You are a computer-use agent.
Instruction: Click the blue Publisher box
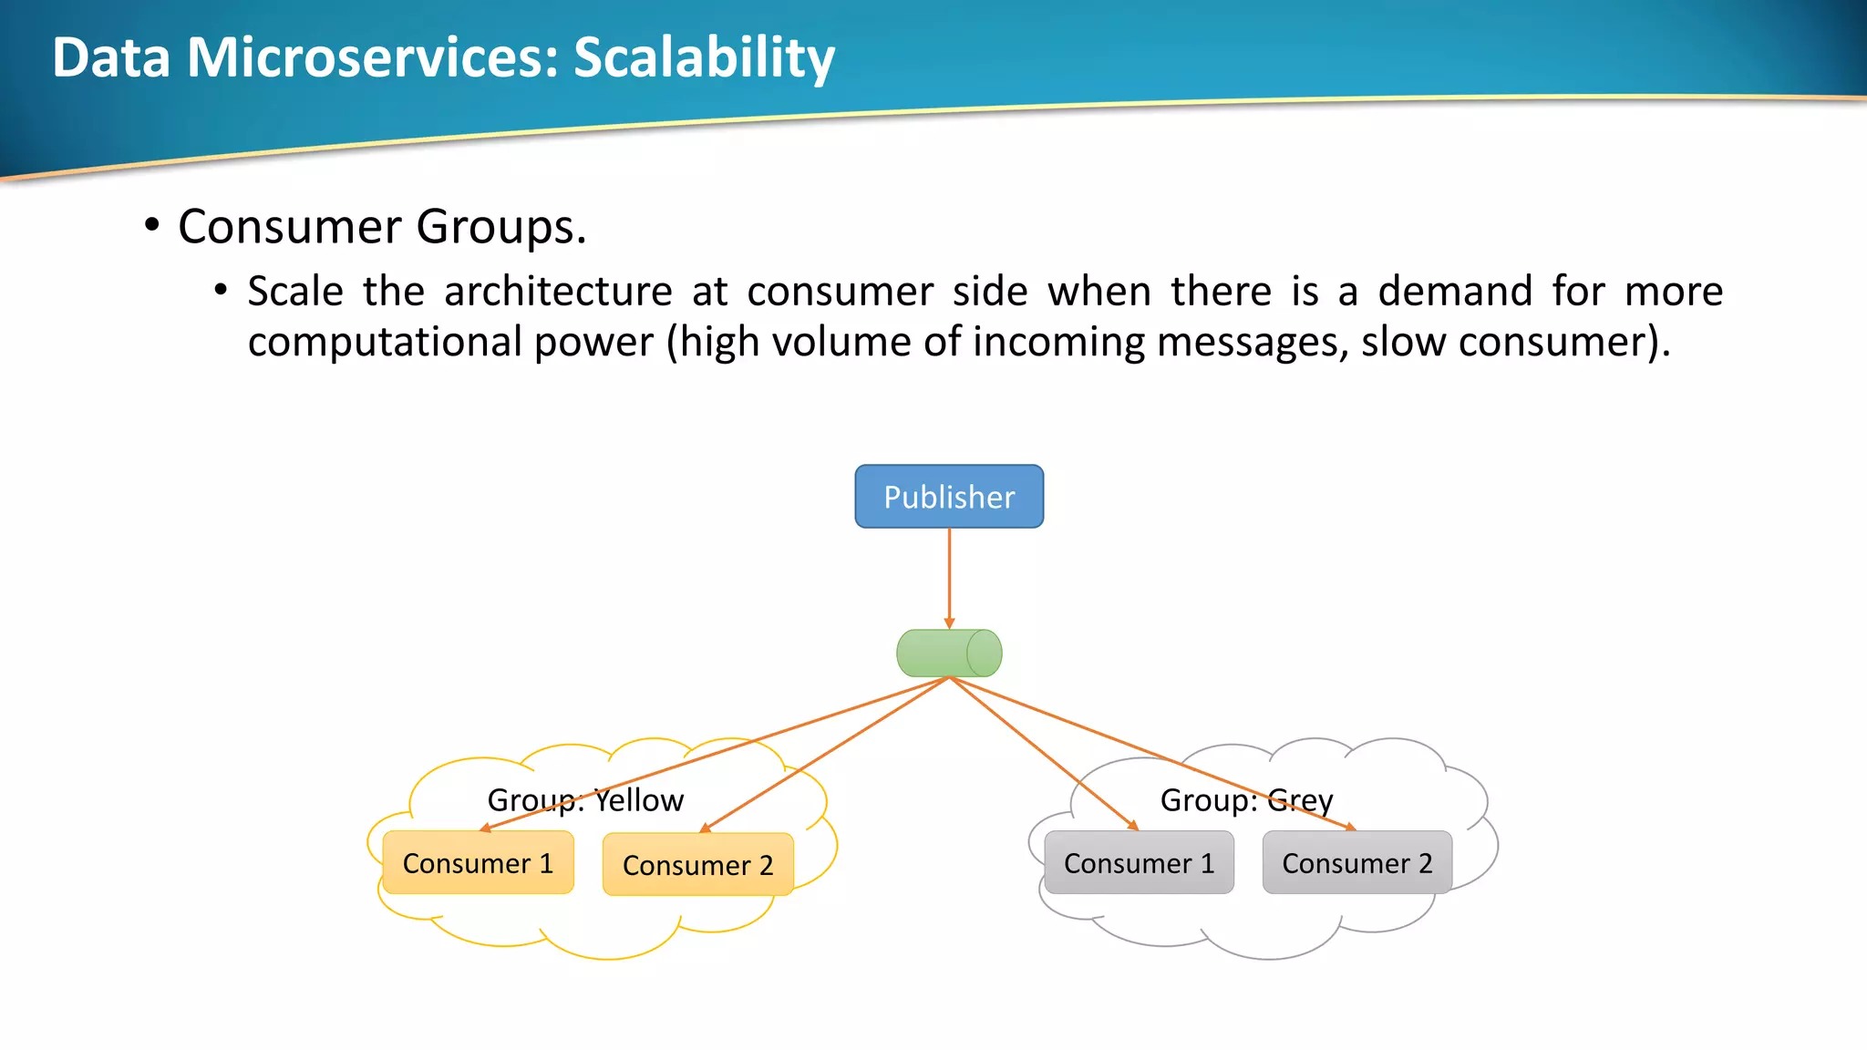click(949, 497)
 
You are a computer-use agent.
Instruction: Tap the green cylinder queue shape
click(949, 654)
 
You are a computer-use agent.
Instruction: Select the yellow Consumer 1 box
click(478, 863)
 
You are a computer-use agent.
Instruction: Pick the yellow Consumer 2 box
click(697, 865)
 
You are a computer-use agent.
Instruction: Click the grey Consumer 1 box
click(1139, 863)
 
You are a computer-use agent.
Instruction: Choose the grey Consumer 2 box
click(1356, 863)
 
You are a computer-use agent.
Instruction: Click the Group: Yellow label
click(585, 800)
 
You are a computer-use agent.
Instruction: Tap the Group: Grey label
click(1246, 800)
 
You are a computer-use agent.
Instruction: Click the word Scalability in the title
click(704, 57)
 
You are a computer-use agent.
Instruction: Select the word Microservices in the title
click(372, 57)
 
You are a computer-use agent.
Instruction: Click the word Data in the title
click(111, 57)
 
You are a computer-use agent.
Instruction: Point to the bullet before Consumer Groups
click(152, 225)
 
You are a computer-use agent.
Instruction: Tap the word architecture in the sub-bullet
click(558, 292)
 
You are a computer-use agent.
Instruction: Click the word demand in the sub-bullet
click(1455, 292)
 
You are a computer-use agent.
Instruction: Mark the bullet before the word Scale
click(221, 291)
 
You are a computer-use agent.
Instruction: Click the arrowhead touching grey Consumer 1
click(1133, 825)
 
